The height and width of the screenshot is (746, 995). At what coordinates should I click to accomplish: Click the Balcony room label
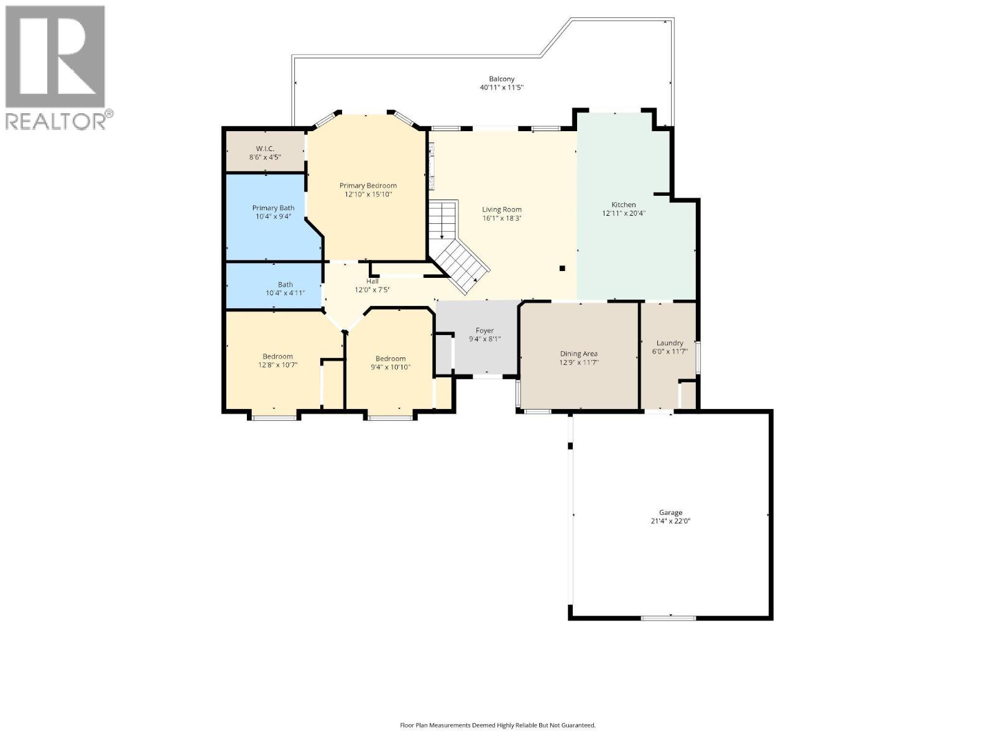tap(501, 79)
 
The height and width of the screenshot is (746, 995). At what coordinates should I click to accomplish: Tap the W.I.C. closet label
tap(265, 149)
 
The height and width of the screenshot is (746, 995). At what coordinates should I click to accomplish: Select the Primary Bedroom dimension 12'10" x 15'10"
tap(368, 195)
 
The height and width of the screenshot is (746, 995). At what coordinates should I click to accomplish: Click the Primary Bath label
tap(273, 208)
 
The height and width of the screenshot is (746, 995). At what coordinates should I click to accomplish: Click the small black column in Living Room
tap(562, 269)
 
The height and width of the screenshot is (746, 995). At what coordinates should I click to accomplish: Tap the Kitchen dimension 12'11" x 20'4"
tap(623, 213)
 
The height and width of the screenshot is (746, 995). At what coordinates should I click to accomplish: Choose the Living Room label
tap(502, 210)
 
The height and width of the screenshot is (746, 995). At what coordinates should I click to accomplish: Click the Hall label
tap(372, 281)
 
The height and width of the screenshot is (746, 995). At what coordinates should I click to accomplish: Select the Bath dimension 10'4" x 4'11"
tap(285, 293)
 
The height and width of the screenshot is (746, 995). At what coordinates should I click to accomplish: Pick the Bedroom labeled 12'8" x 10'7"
tap(277, 357)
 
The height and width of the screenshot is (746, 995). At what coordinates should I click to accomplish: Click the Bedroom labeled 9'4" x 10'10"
tap(390, 359)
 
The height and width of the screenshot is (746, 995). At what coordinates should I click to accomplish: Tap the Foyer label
tap(484, 331)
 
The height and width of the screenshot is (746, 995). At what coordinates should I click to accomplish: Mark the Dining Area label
tap(578, 354)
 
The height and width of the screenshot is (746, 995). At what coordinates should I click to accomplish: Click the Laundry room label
tap(670, 343)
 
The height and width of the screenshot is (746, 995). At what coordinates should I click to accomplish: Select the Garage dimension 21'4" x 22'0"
tap(670, 522)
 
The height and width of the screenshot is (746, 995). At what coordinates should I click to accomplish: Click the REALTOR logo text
tap(56, 121)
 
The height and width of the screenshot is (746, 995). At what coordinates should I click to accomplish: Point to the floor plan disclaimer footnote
tap(497, 725)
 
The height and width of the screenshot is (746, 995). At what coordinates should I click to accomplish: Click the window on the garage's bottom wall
tap(669, 618)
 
